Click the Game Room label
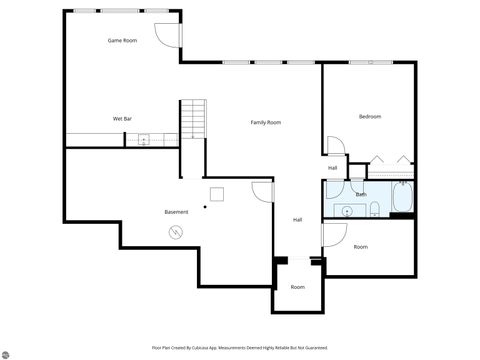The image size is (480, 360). tap(122, 40)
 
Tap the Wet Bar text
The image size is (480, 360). tap(122, 119)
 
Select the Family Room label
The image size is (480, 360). tap(265, 122)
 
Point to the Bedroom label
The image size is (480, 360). tap(370, 117)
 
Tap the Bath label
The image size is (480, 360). tap(361, 194)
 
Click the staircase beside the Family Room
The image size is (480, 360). tap(192, 121)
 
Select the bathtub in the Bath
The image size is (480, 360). tap(402, 199)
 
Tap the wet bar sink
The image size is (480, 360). tap(143, 141)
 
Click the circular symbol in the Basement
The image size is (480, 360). tap(175, 233)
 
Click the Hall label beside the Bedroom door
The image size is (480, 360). tap(332, 167)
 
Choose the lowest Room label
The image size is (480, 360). tap(297, 287)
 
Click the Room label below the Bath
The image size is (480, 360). tap(360, 246)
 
